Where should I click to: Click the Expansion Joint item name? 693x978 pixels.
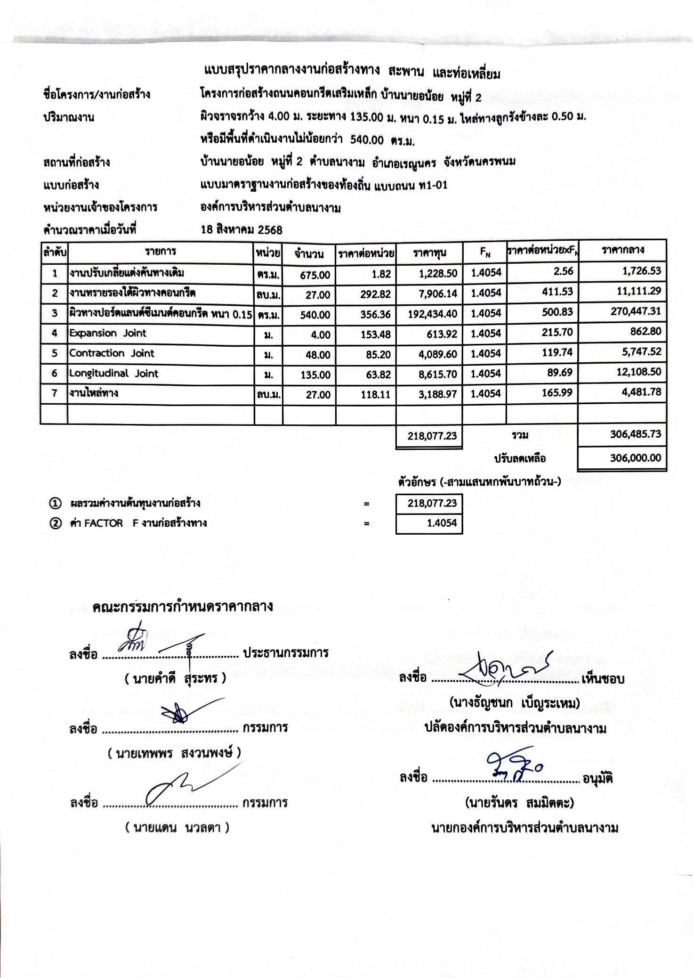pos(108,333)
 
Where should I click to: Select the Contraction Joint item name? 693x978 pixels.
pos(112,353)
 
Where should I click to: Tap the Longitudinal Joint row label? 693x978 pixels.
pos(113,374)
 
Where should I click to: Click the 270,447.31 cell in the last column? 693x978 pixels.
pos(636,311)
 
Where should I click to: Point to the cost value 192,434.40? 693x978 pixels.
pos(432,314)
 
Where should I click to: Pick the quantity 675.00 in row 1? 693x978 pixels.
pos(315,275)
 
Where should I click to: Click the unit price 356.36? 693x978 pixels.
pos(375,315)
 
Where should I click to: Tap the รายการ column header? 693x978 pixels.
pos(161,252)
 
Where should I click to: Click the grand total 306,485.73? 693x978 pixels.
pos(636,434)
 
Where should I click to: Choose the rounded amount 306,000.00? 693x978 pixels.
pos(636,458)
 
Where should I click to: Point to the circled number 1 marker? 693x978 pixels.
pos(55,504)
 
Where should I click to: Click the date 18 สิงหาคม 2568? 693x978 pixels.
pos(242,230)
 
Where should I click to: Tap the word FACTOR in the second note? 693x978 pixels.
pos(103,523)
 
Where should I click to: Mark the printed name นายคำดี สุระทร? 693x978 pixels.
pos(175,678)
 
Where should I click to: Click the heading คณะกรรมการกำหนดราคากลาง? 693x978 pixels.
pos(182,606)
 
